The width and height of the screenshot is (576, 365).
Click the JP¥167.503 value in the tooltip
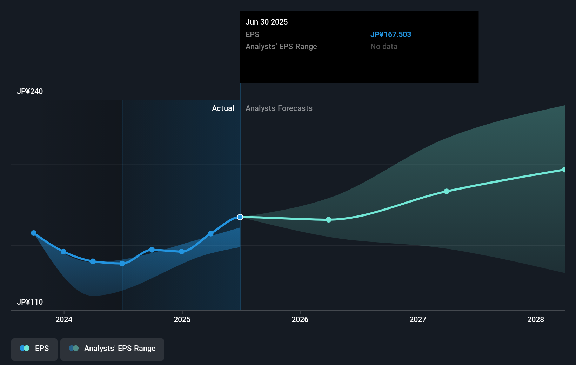point(390,35)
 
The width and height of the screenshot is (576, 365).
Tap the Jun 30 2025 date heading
point(266,22)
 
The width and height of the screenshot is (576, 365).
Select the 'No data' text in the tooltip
point(384,47)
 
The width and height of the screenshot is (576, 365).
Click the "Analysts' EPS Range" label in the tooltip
point(281,47)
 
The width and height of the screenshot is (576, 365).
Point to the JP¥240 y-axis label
point(30,92)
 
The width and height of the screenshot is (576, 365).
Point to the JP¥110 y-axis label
point(30,302)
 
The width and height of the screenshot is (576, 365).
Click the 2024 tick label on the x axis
point(64,319)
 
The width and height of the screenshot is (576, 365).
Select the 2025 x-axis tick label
point(182,319)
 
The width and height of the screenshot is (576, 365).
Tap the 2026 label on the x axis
point(300,319)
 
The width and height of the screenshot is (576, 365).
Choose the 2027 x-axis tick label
point(418,319)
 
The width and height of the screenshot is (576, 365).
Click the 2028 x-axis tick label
point(536,319)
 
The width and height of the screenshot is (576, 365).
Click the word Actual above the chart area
point(223,108)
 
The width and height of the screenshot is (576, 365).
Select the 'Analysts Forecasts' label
point(279,108)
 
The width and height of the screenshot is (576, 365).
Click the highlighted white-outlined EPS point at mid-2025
point(240,217)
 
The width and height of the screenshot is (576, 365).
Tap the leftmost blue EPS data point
point(34,233)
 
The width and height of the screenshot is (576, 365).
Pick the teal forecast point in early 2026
point(329,220)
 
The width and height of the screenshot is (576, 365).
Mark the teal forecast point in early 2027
point(446,191)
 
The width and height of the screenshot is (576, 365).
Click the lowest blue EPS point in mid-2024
point(122,264)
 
